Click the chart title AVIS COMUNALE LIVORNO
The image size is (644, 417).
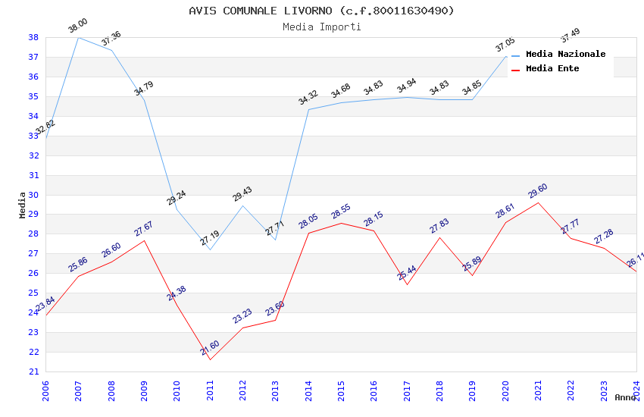[x=321, y=11]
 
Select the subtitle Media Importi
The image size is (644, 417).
[x=321, y=27]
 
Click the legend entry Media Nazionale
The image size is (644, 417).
[x=565, y=54]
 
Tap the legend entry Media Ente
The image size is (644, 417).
[x=552, y=68]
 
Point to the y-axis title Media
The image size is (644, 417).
[x=23, y=205]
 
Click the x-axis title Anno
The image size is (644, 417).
[x=625, y=397]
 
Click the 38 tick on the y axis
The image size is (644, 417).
[x=33, y=37]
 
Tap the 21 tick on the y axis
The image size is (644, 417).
[x=33, y=372]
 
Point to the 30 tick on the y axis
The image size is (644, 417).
[x=33, y=195]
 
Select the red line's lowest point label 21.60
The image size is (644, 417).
[x=210, y=348]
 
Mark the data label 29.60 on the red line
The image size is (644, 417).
[x=537, y=190]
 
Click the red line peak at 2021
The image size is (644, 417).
[x=538, y=202]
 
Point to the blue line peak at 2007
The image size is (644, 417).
[x=79, y=37]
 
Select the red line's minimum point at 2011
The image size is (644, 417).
[x=210, y=359]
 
